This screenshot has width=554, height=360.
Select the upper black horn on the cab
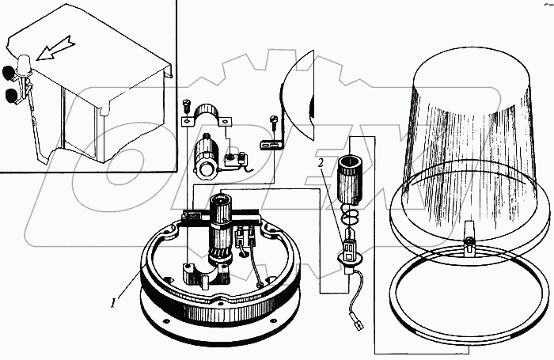tap(10, 73)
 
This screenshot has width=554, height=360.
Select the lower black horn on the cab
tap(11, 97)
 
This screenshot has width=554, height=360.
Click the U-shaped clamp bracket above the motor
tap(210, 117)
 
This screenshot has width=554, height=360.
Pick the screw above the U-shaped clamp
tap(188, 104)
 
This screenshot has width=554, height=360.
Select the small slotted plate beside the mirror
tap(271, 145)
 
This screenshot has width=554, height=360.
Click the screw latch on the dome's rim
tap(468, 244)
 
